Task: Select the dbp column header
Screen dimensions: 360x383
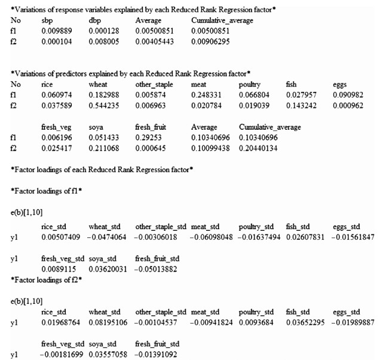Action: [94, 21]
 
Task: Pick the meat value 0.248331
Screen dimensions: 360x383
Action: [204, 94]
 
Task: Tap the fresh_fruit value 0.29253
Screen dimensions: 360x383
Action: [146, 138]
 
